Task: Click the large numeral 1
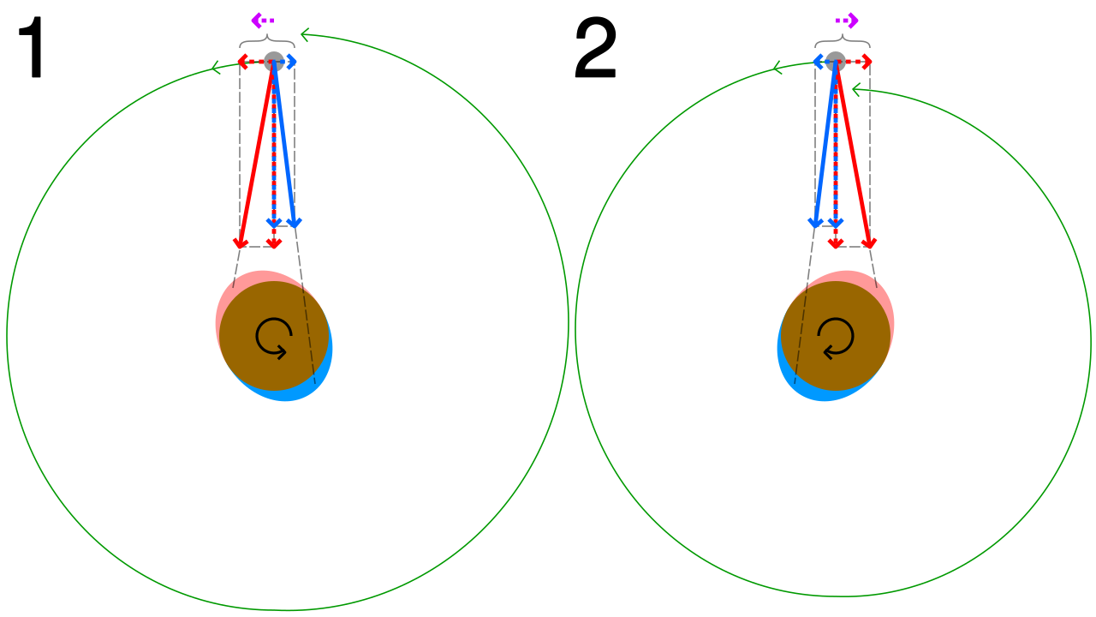(x=32, y=47)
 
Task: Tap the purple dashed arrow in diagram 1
(x=263, y=21)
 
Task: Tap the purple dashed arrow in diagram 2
(x=847, y=21)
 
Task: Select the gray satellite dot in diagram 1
(x=274, y=62)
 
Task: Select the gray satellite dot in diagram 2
(x=836, y=62)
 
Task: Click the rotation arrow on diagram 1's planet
(x=274, y=338)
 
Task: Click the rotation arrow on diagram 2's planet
(x=836, y=338)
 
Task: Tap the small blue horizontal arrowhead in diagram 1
(x=292, y=62)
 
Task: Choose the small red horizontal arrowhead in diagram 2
(x=867, y=62)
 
